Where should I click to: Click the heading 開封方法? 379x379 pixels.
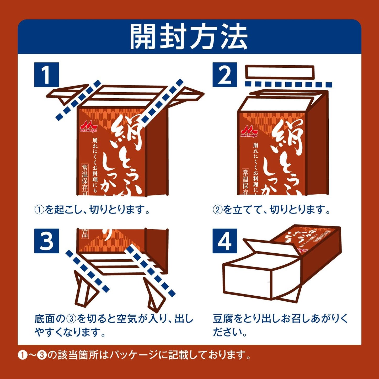click(189, 37)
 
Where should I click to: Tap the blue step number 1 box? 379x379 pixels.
click(46, 75)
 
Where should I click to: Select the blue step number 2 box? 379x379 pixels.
click(225, 75)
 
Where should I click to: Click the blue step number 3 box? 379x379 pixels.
click(46, 241)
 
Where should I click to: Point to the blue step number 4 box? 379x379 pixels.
click(225, 241)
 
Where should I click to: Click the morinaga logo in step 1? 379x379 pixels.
click(88, 127)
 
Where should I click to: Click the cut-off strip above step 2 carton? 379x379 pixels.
click(280, 72)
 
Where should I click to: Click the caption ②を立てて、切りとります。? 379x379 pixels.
click(271, 210)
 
